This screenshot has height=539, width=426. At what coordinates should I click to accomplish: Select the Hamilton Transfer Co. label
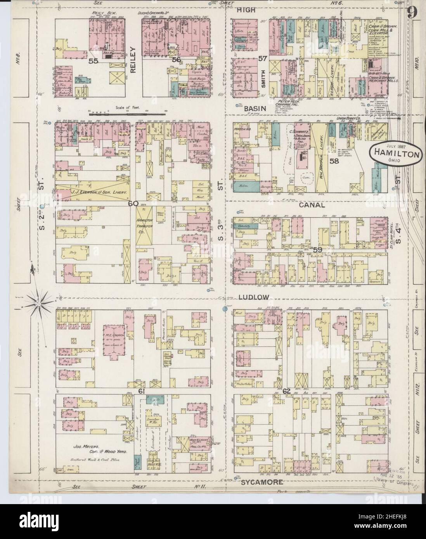coord(143,223)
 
